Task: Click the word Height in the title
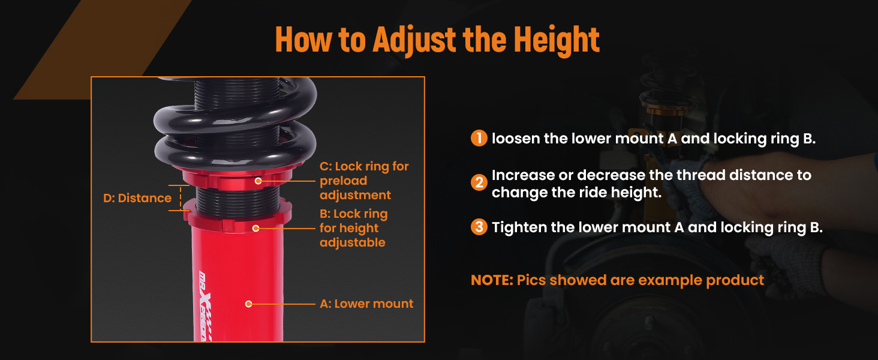point(557,39)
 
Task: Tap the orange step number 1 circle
point(479,138)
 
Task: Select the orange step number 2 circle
point(479,182)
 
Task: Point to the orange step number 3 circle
point(479,227)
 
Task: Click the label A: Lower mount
point(366,304)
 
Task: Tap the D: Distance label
point(137,198)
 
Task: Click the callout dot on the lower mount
point(248,304)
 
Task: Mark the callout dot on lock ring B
point(256,228)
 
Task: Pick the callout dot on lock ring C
point(258,181)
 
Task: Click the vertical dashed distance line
point(181,198)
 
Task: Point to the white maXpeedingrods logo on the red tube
point(205,306)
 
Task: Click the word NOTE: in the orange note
point(492,280)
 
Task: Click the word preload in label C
point(344,181)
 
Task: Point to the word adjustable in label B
point(353,243)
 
